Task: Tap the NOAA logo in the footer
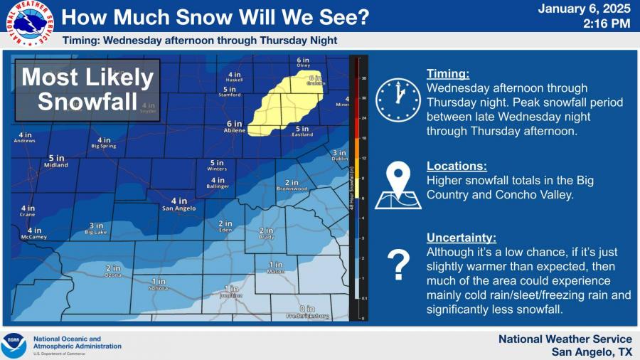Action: click(14, 345)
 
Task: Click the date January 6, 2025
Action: click(584, 9)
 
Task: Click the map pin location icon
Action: click(398, 186)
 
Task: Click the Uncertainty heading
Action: click(462, 238)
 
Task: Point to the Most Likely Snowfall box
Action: click(87, 90)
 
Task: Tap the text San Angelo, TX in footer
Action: click(592, 351)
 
